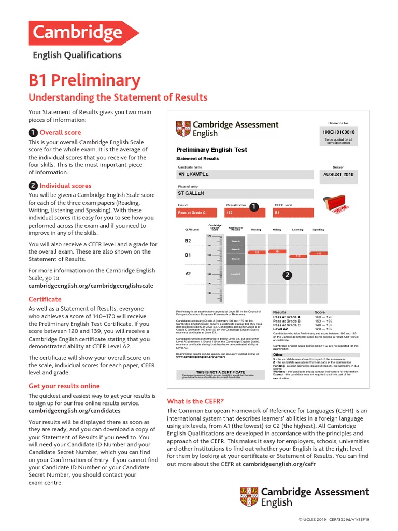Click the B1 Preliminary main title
(84, 80)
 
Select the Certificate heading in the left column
(45, 299)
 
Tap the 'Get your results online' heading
(64, 386)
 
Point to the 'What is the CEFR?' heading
(195, 401)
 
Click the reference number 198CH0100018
(338, 132)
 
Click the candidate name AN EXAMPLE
(193, 175)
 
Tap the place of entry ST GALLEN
(191, 193)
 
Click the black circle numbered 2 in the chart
(287, 275)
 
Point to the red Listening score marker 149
(298, 256)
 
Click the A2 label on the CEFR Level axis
(188, 274)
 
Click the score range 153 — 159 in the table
(324, 321)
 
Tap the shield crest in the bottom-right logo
(248, 497)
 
